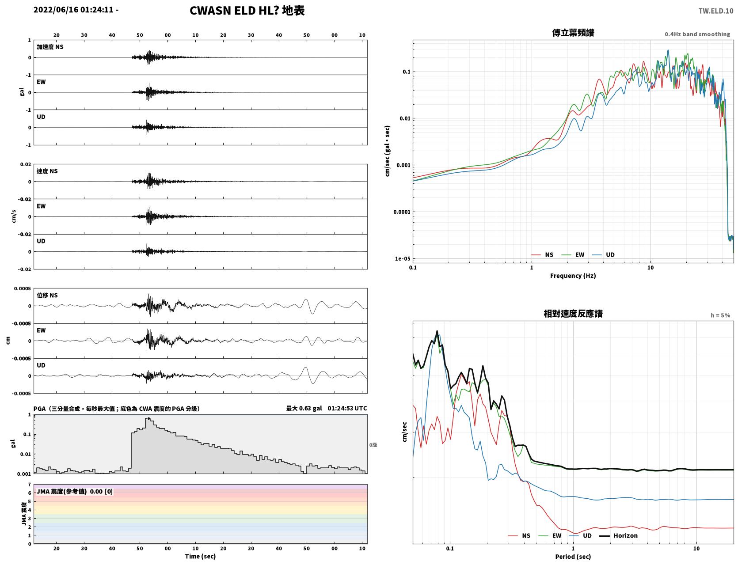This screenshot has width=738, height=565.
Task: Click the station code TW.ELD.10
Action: pos(716,11)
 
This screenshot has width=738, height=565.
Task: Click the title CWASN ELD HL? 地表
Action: pos(247,11)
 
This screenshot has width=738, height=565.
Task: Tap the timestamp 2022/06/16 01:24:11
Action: pos(73,10)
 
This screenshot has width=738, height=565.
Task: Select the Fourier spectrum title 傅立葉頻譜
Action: pos(573,33)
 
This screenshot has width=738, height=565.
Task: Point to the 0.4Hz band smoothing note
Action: pos(697,34)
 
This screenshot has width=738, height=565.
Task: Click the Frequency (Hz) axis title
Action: pos(573,276)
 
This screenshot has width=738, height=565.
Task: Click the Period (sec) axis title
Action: pos(573,557)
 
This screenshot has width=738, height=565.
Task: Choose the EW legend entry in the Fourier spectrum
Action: pos(573,255)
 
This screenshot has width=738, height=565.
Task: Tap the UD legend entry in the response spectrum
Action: pos(580,536)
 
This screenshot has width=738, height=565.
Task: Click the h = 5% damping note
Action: pos(720,315)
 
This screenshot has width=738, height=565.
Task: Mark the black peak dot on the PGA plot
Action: pos(148,419)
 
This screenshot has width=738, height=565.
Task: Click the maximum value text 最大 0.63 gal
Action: pos(304,409)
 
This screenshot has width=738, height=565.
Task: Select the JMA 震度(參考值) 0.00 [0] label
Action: pos(75,491)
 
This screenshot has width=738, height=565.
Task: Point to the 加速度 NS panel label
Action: pos(50,47)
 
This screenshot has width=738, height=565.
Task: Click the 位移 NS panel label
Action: pos(47,295)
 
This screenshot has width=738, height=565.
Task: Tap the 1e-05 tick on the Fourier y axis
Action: pos(402,259)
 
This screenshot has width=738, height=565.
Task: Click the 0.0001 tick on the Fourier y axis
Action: pos(401,212)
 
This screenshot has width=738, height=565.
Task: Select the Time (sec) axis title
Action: pos(200,557)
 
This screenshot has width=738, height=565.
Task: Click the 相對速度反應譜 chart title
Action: pos(573,314)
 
